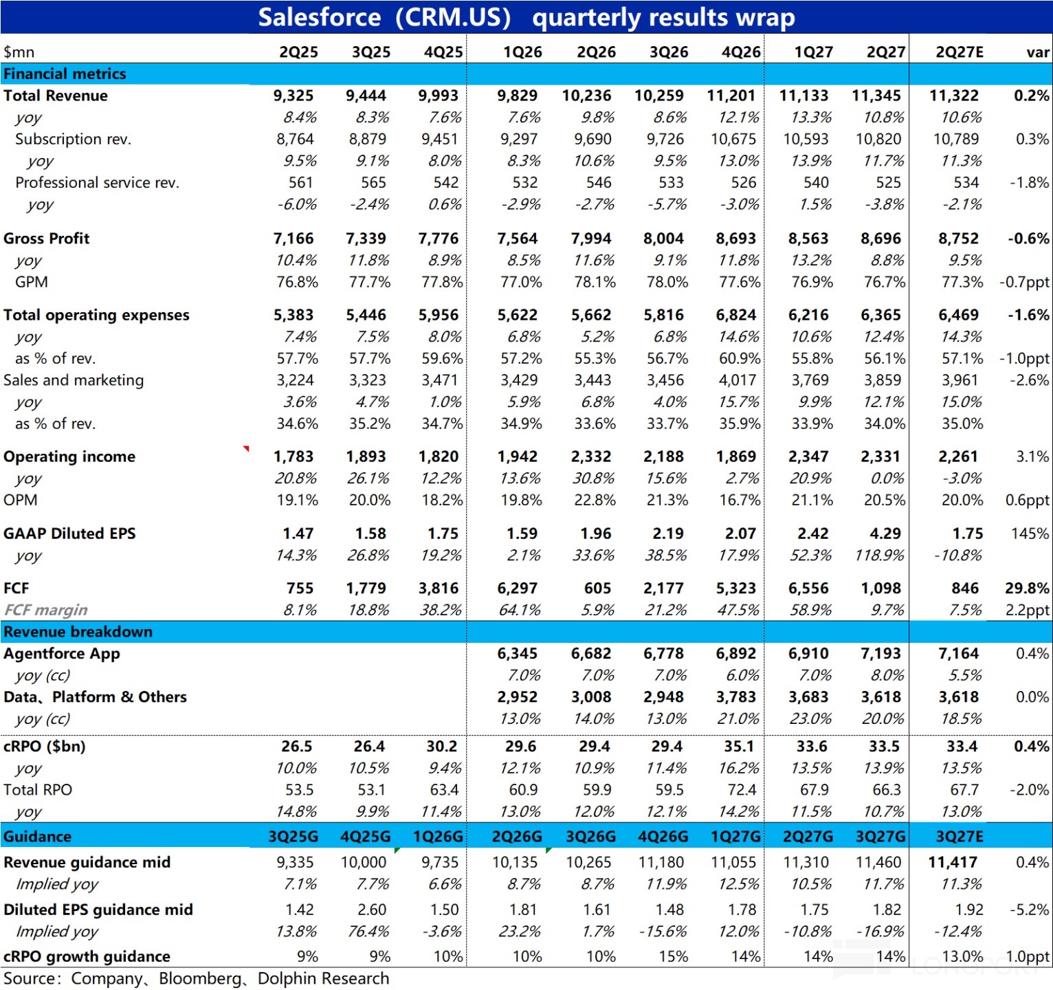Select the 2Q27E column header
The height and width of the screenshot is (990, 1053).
pyautogui.click(x=960, y=52)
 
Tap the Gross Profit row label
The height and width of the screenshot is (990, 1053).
pyautogui.click(x=46, y=239)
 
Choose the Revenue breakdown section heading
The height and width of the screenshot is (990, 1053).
pyautogui.click(x=78, y=632)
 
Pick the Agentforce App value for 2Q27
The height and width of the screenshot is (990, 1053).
pyautogui.click(x=881, y=654)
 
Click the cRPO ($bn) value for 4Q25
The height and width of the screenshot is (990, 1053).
pyautogui.click(x=442, y=747)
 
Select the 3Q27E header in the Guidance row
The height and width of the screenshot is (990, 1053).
pyautogui.click(x=960, y=837)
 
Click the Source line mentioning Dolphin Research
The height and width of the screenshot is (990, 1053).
pyautogui.click(x=196, y=979)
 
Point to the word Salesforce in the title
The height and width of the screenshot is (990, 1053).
pyautogui.click(x=320, y=17)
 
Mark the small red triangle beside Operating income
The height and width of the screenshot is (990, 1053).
pyautogui.click(x=246, y=449)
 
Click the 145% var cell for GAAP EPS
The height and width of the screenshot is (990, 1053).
pyautogui.click(x=1030, y=533)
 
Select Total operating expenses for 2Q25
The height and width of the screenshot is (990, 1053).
pyautogui.click(x=293, y=315)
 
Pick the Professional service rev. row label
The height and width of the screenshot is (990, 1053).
pyautogui.click(x=97, y=183)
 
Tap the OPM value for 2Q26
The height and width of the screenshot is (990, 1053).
pyautogui.click(x=595, y=500)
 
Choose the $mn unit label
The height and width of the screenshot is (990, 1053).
pyautogui.click(x=19, y=53)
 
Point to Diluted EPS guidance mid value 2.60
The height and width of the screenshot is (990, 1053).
pyautogui.click(x=372, y=910)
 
